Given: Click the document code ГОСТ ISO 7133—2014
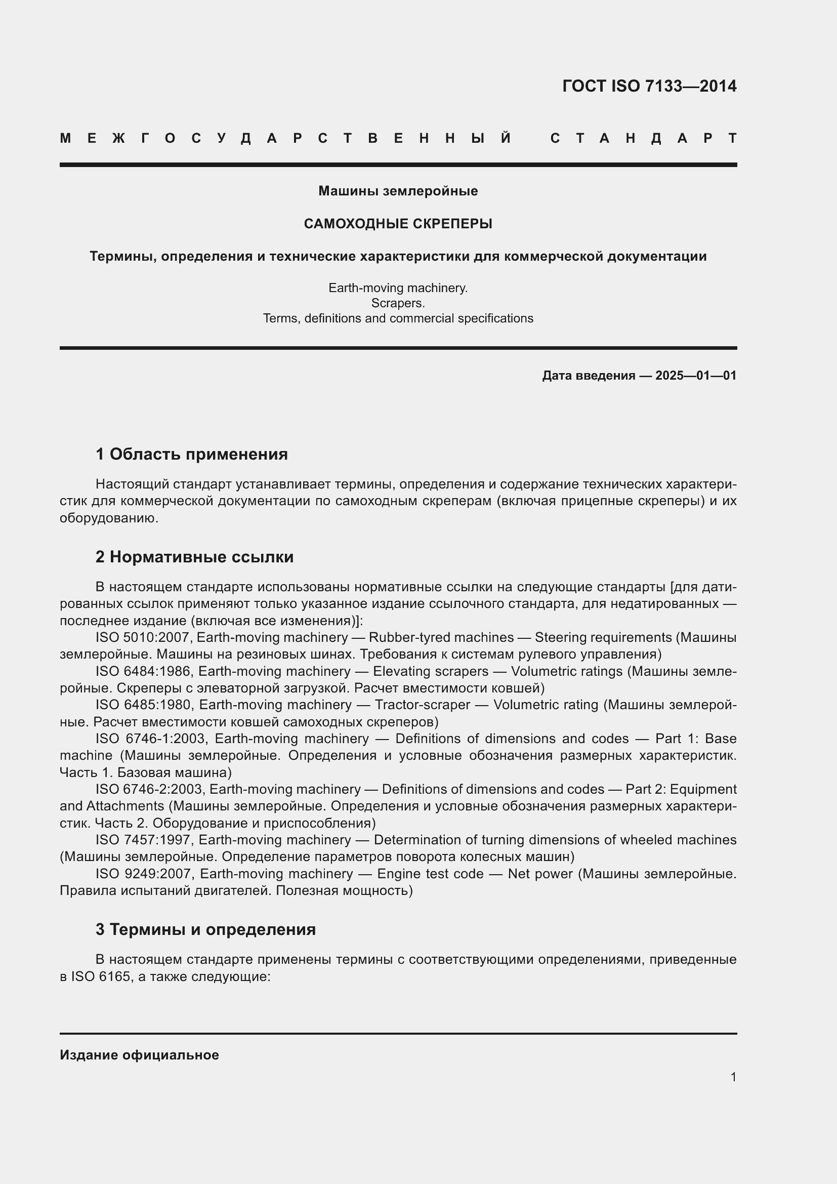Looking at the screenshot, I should [649, 86].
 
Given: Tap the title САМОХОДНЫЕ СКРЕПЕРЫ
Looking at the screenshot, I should [398, 224].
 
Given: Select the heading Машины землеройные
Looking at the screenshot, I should [398, 191].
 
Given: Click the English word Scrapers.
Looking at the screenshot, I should [398, 303].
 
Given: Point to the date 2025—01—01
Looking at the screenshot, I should [696, 376].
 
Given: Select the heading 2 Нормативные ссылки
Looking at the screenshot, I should [194, 557].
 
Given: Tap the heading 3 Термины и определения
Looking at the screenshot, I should [205, 929].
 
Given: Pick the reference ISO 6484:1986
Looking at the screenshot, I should [144, 671].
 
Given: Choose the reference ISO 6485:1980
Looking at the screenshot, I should [145, 705].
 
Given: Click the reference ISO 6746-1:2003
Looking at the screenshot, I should [151, 739].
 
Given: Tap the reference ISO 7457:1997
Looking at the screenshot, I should [144, 840].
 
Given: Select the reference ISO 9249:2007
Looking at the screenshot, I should [145, 874].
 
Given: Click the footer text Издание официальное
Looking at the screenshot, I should [139, 1055].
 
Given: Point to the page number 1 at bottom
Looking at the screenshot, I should [733, 1077].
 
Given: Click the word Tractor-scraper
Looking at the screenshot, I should [422, 705].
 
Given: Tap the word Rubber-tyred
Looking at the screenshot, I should [401, 638].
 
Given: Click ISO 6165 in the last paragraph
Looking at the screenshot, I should [101, 976].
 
